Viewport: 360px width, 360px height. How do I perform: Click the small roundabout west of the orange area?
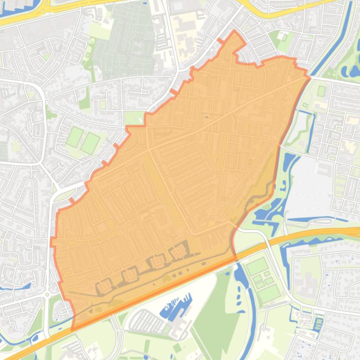[x=47, y=295]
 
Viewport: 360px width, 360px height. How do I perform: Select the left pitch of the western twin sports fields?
[x=74, y=137]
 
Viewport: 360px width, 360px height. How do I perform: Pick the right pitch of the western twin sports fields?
[x=90, y=143]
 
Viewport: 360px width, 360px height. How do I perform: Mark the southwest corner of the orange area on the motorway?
[x=73, y=329]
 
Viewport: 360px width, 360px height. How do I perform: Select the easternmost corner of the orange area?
[x=309, y=78]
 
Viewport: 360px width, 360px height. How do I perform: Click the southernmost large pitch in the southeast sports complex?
[x=269, y=294]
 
